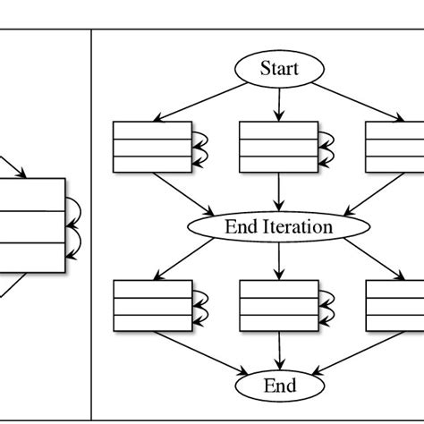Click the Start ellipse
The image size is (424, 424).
tap(279, 68)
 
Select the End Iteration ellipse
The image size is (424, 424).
tap(279, 226)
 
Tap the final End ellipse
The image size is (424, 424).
tap(279, 386)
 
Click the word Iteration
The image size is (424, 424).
tap(301, 226)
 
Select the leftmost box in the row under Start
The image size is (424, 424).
tap(153, 146)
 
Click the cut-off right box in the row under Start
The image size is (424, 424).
tap(394, 146)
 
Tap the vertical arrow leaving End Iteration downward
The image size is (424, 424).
tap(279, 259)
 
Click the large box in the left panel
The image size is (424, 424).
tap(31, 225)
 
